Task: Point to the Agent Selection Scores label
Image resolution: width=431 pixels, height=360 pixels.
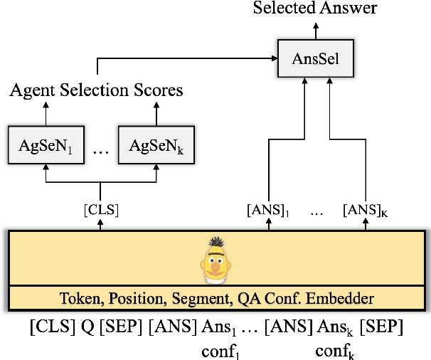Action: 96,90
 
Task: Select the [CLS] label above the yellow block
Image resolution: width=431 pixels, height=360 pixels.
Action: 100,210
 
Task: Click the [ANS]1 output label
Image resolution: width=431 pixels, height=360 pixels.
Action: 269,210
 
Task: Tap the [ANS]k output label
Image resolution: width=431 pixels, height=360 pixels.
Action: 365,210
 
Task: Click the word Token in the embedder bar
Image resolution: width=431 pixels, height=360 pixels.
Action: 78,298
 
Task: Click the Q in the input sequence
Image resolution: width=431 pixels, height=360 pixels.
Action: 86,328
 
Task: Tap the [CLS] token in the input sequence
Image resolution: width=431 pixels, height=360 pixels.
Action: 51,328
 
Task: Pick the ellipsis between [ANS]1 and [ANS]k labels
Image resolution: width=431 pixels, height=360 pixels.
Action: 316,211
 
